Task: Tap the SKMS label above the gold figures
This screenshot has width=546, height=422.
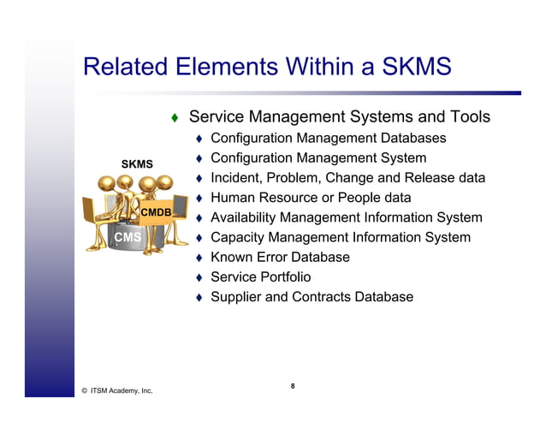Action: (137, 163)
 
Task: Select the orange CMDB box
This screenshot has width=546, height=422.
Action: (157, 211)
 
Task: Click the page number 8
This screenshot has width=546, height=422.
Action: (292, 386)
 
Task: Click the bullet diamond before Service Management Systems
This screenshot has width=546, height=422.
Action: (174, 117)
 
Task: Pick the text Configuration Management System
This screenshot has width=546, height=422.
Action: (318, 158)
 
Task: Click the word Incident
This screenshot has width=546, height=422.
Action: (238, 178)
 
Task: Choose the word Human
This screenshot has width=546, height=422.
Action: (233, 198)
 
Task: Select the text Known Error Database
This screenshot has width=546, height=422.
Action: (280, 257)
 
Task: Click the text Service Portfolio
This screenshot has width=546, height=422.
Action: (261, 276)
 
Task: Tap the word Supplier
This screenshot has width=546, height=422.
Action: (238, 297)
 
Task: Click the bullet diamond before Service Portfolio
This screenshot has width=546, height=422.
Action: (198, 277)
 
